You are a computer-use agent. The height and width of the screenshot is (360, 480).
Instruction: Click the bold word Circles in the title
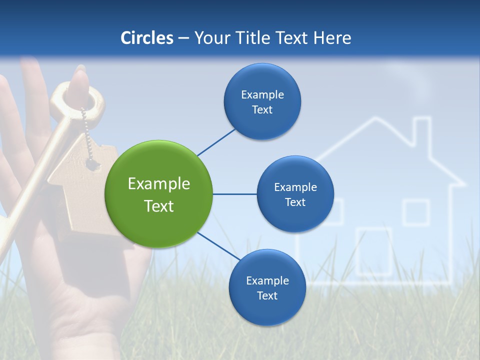[147, 38]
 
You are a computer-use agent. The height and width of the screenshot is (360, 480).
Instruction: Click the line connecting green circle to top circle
[216, 142]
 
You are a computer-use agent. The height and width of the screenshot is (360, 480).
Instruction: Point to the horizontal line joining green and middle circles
[234, 194]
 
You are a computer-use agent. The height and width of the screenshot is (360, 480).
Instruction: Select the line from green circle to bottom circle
[218, 246]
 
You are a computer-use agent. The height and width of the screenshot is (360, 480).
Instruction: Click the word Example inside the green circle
[159, 184]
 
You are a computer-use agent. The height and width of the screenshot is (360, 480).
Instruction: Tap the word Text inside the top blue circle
[262, 110]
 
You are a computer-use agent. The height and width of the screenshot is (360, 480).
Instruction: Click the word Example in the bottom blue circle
[267, 280]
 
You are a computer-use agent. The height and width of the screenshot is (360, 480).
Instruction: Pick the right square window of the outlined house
[416, 212]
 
